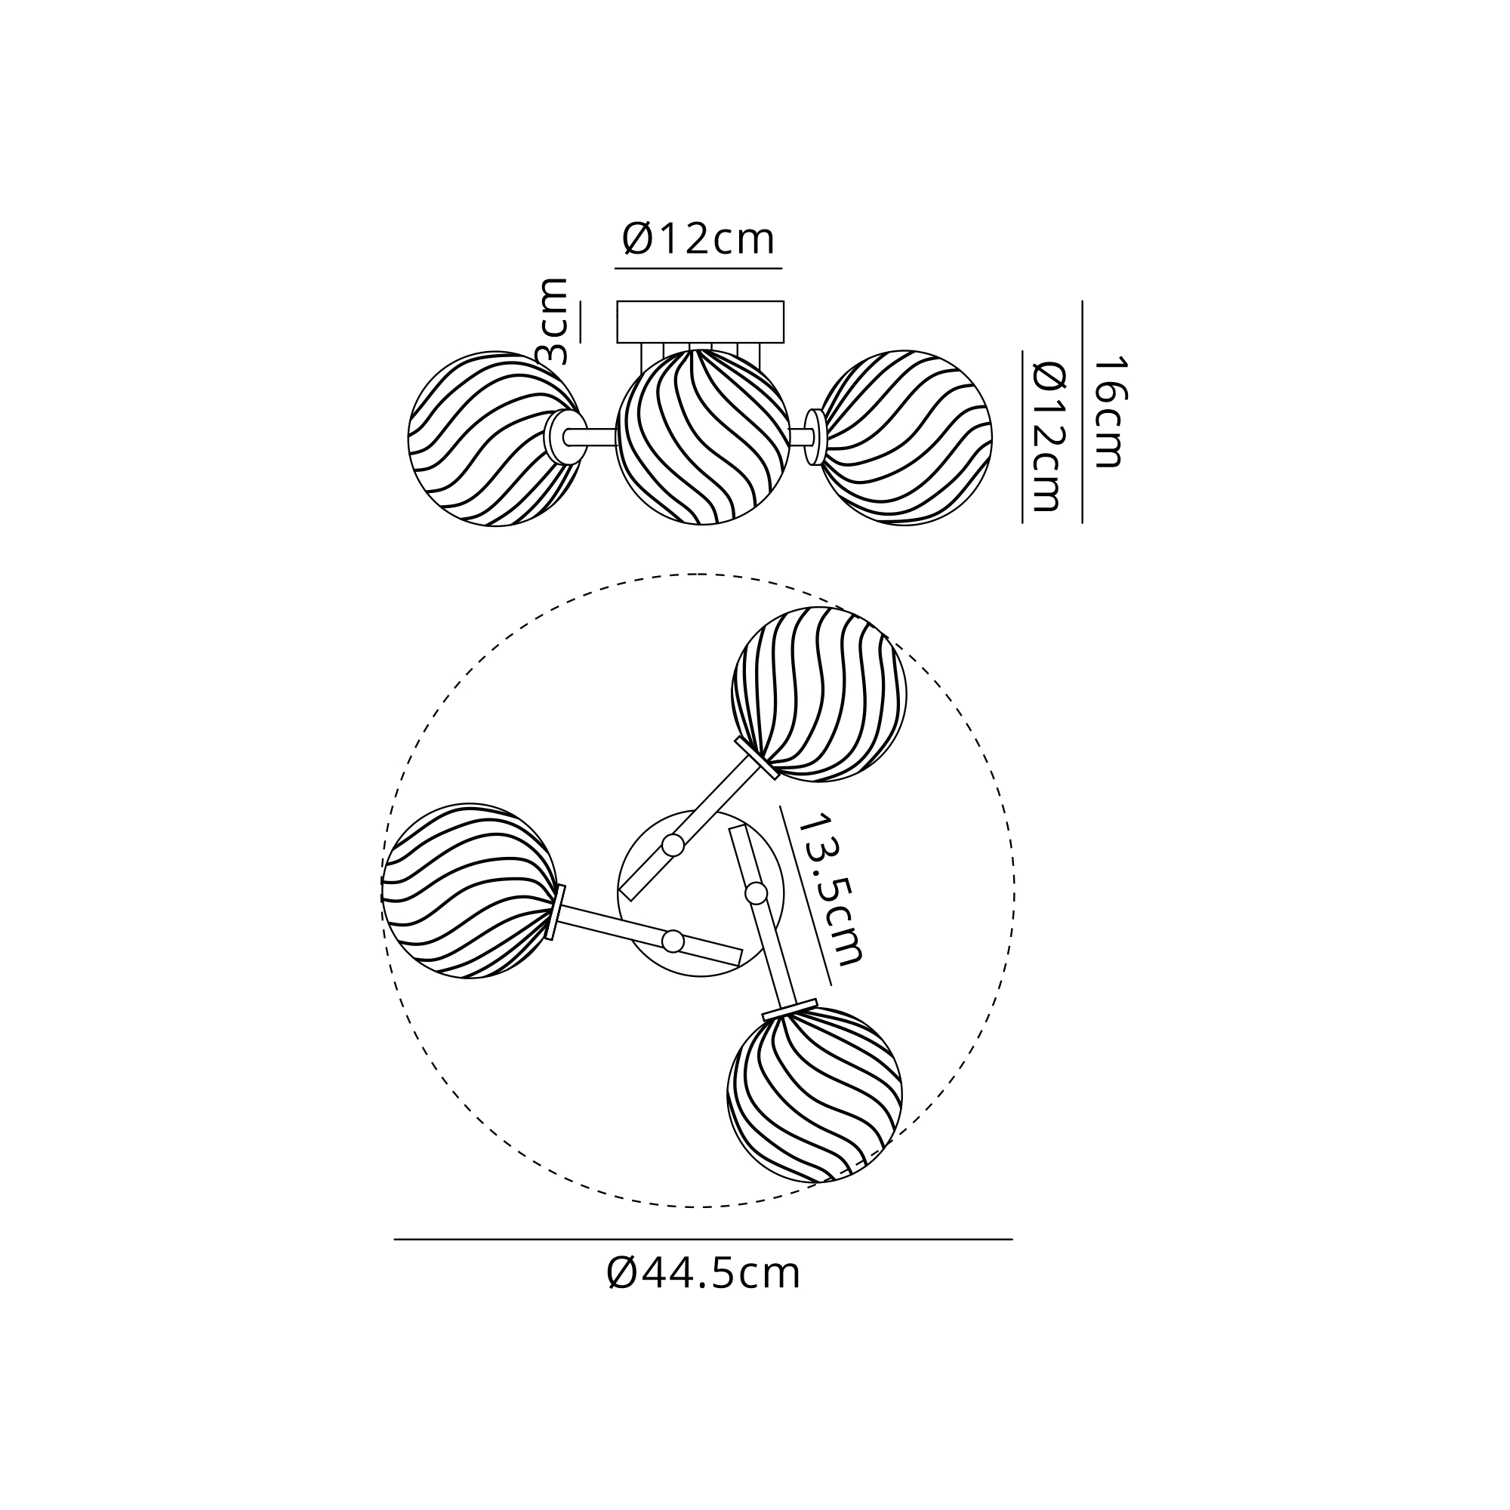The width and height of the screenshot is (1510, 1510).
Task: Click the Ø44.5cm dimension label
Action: pos(704,1274)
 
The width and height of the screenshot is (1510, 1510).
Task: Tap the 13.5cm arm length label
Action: pos(831,889)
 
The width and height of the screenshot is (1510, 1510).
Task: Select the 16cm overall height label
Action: pos(1108,412)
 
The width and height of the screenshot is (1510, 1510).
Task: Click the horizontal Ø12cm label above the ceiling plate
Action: pos(698,239)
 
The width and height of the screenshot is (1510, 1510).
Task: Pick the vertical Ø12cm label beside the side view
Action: pos(1048,436)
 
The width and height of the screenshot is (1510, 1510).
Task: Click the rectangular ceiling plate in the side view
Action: pos(701,322)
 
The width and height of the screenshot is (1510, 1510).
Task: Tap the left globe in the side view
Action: pos(495,439)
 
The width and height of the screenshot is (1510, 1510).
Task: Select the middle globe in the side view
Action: pos(703,437)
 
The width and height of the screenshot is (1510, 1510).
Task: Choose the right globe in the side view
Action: pos(905,438)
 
